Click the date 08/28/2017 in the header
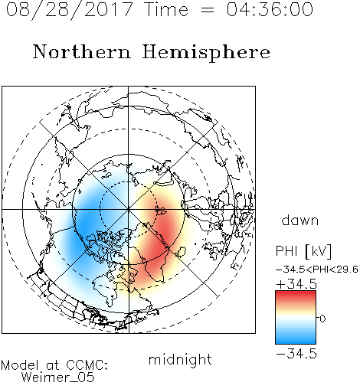coord(69,10)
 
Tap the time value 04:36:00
coord(270,9)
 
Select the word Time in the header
coord(166,9)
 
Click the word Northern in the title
coord(82,51)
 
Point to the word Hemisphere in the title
coord(206,53)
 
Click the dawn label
coord(300,220)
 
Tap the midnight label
coord(180,359)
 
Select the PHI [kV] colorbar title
coord(303,251)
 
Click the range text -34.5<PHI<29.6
coord(317,270)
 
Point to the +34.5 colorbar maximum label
coord(296,284)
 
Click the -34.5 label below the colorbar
coord(296,354)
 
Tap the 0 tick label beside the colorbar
coord(322,319)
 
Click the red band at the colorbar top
coord(296,295)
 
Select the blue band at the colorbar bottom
coord(296,339)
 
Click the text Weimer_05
coord(58,378)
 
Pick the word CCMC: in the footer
coord(87,365)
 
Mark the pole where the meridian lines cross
coord(129,210)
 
